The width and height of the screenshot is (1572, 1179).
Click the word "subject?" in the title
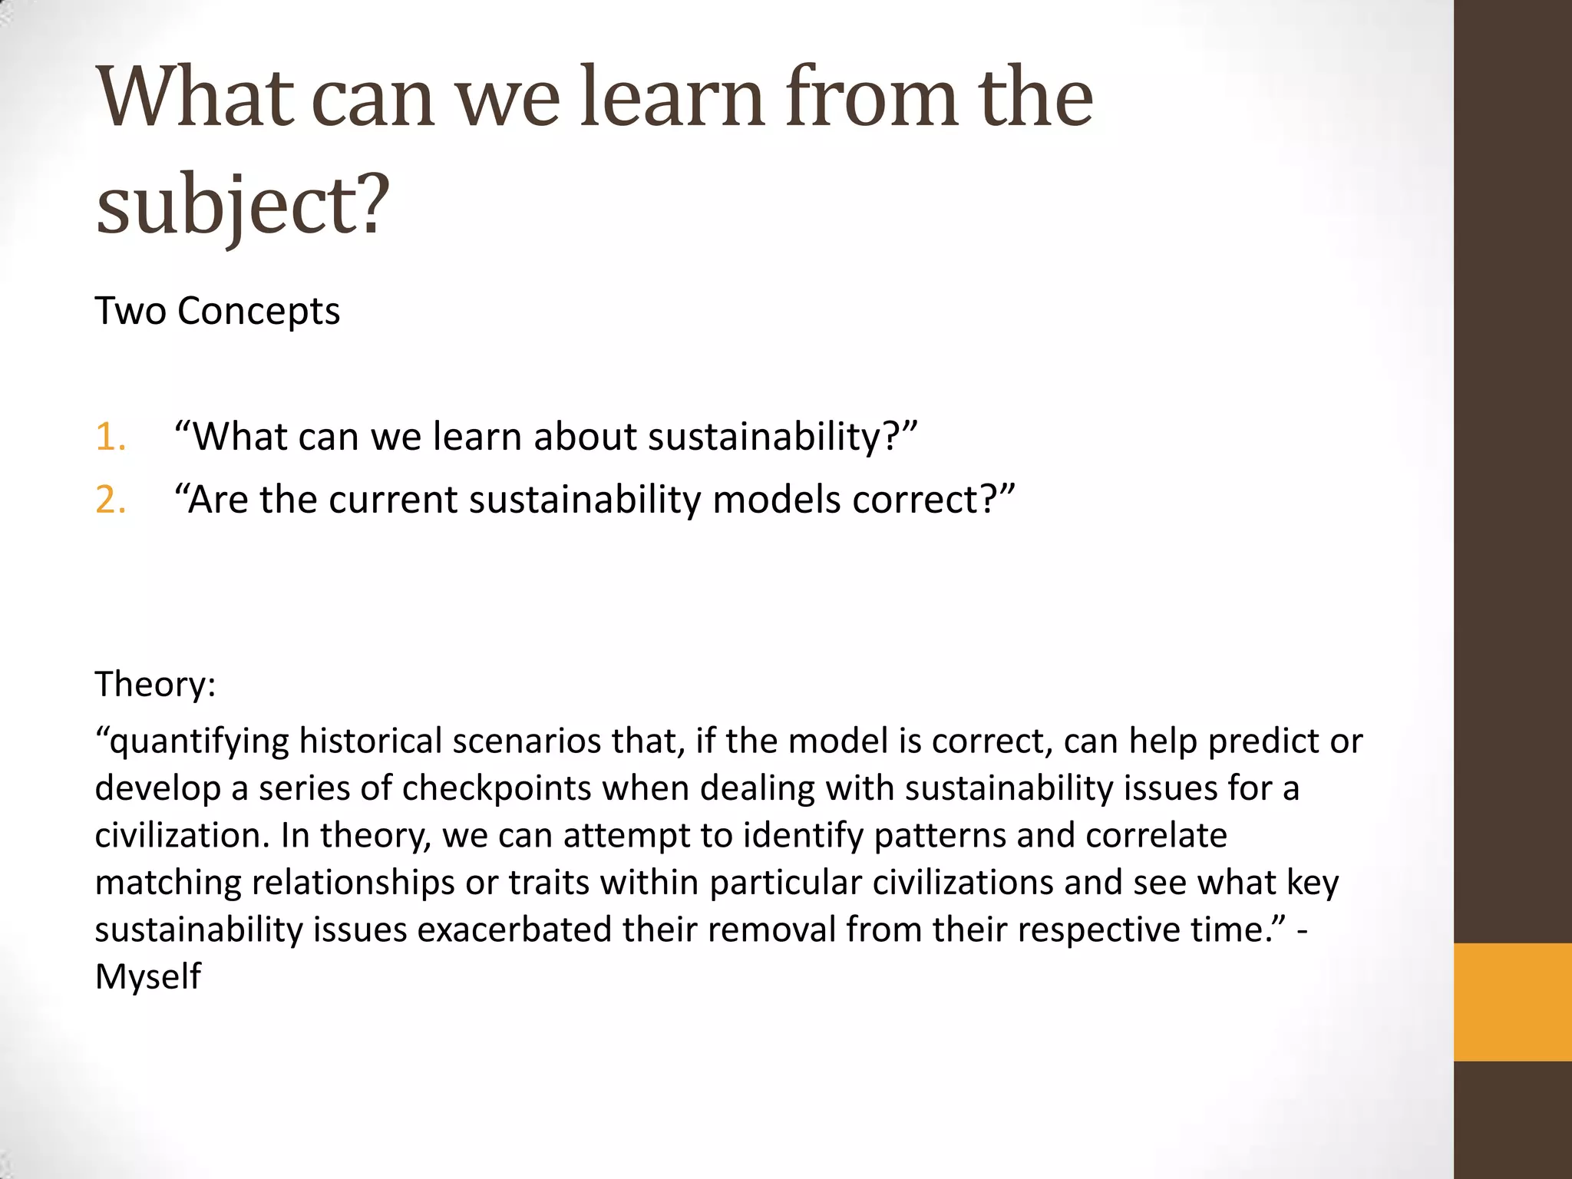(x=243, y=204)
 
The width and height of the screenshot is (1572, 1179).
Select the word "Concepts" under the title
(x=259, y=311)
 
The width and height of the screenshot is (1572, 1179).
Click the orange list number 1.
(x=111, y=437)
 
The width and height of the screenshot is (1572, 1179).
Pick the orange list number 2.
(x=111, y=500)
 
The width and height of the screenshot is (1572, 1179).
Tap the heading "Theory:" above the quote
(x=155, y=683)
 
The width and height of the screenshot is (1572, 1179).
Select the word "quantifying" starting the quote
(x=196, y=741)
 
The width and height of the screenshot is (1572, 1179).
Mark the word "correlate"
(x=1156, y=835)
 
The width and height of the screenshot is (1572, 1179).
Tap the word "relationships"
(x=353, y=883)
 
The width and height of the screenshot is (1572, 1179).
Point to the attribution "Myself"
(x=147, y=977)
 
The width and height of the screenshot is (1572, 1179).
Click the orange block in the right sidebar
(x=1512, y=1002)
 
